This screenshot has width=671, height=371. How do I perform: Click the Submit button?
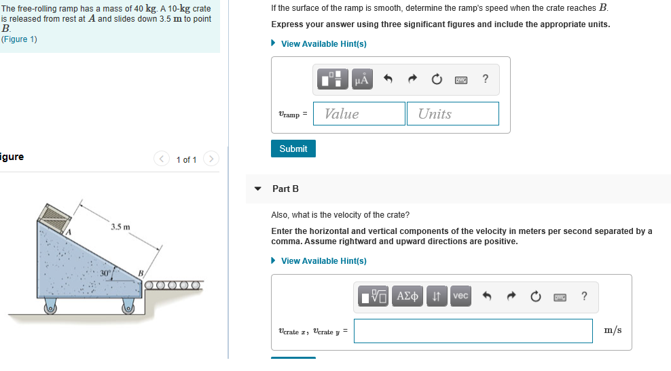(293, 149)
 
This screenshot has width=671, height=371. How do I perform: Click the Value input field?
(359, 114)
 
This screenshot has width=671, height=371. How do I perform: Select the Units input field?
(453, 114)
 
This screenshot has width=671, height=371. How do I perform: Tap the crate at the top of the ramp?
(54, 217)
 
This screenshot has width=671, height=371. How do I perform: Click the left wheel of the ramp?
(50, 306)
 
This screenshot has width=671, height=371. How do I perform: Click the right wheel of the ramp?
(128, 306)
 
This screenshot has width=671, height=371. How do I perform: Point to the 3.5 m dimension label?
(120, 227)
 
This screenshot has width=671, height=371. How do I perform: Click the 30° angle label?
(105, 273)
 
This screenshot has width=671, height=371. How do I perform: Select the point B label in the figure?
(141, 273)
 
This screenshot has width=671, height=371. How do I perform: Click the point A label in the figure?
(68, 233)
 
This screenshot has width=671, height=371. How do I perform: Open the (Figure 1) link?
(19, 39)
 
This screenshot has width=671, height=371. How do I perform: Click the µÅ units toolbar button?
(362, 79)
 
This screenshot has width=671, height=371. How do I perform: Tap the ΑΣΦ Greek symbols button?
(407, 296)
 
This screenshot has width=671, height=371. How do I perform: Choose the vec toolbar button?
(460, 296)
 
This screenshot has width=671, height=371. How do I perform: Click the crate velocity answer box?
(473, 331)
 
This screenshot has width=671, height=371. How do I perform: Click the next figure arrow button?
(211, 159)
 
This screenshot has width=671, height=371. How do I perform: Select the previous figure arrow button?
(162, 159)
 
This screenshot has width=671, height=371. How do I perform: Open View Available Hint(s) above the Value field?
(323, 44)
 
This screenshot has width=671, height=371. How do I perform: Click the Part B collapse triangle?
(257, 189)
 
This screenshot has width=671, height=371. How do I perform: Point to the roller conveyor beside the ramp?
(173, 285)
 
